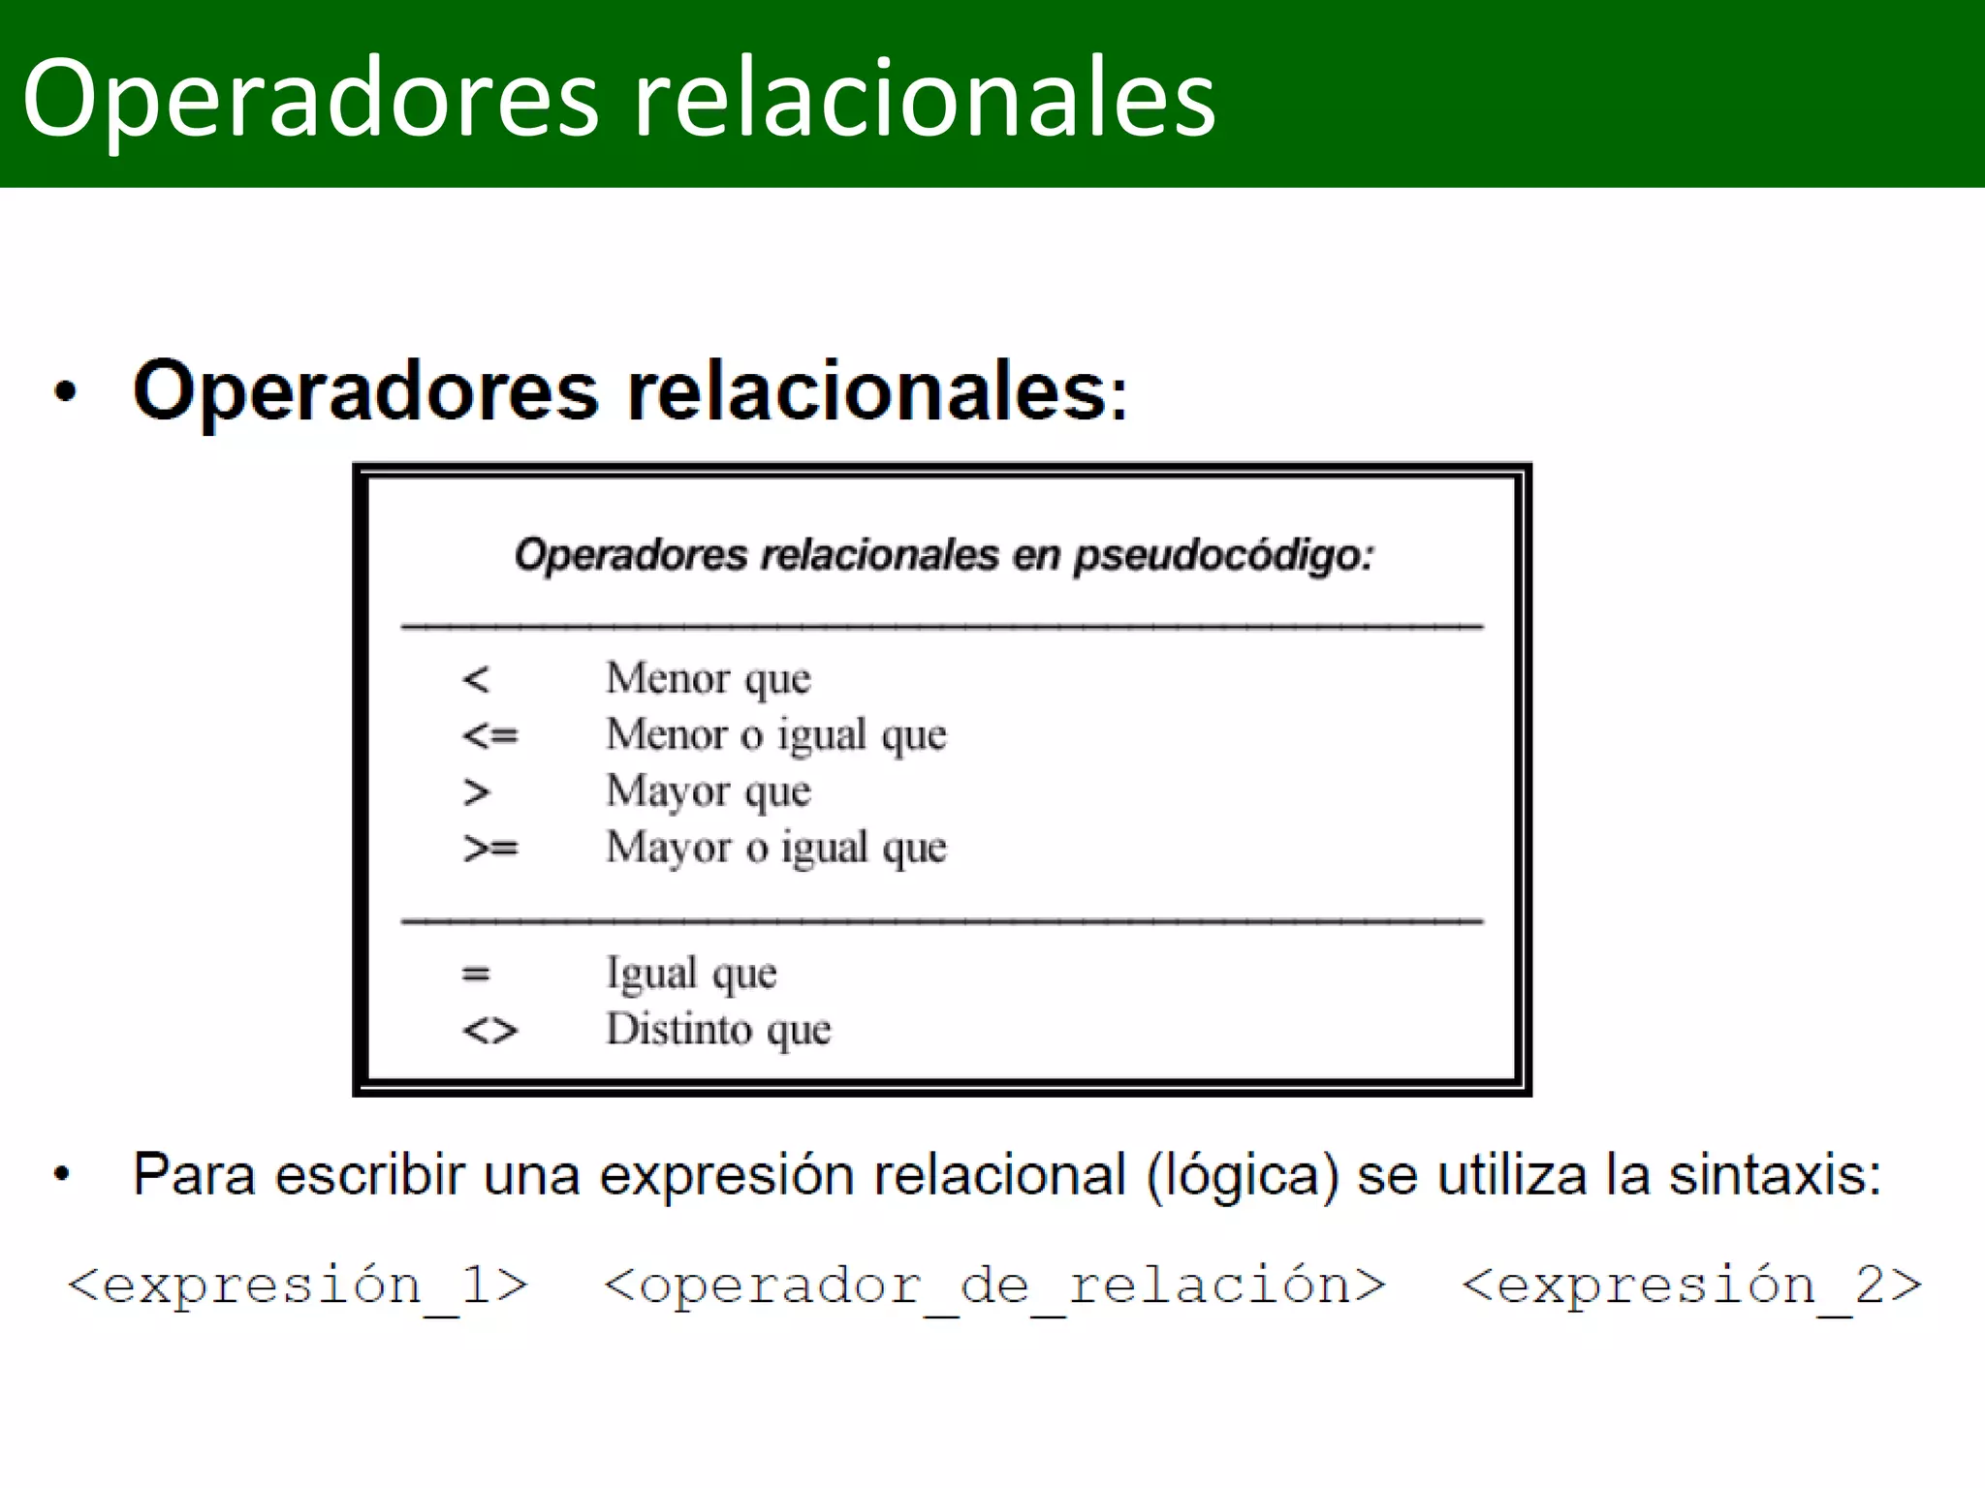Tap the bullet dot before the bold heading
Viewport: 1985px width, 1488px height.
[65, 392]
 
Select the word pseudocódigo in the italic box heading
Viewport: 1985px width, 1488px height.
[1223, 556]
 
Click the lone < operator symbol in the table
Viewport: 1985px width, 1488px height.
[476, 679]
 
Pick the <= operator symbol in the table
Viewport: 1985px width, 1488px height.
[490, 736]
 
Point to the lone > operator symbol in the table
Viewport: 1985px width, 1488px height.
[476, 792]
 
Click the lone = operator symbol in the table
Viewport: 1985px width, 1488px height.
[476, 974]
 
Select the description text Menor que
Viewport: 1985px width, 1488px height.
[708, 679]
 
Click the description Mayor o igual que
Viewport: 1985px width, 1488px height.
[775, 849]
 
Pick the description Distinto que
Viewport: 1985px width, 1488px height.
[718, 1030]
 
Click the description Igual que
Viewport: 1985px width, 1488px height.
[691, 974]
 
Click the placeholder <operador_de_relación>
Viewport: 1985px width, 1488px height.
[994, 1286]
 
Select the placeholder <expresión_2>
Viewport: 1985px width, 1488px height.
[1691, 1286]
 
